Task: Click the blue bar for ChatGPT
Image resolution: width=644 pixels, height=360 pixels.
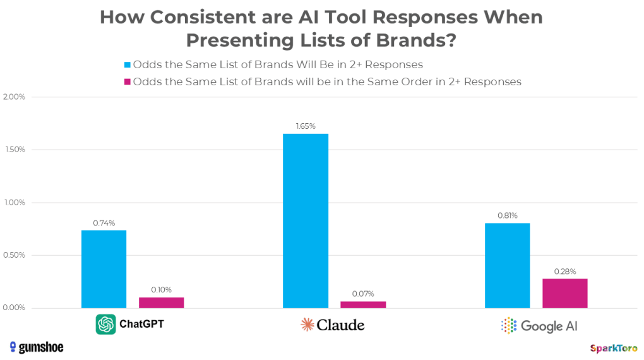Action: pyautogui.click(x=104, y=269)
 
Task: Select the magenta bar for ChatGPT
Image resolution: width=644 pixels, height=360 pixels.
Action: pyautogui.click(x=161, y=303)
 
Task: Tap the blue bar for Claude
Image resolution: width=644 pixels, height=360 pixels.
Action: pyautogui.click(x=306, y=221)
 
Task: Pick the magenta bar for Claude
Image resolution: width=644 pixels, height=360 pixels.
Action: pyautogui.click(x=363, y=304)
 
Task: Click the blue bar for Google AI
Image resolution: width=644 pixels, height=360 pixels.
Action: pyautogui.click(x=507, y=265)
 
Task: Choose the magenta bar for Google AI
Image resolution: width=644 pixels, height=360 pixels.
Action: pyautogui.click(x=564, y=293)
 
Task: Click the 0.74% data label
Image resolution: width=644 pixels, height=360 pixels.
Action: pyautogui.click(x=104, y=223)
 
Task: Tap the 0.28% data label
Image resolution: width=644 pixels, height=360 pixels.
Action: pyautogui.click(x=564, y=272)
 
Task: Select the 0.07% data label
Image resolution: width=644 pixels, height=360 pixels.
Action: pyautogui.click(x=363, y=294)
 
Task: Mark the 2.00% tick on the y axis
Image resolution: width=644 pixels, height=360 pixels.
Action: pyautogui.click(x=15, y=97)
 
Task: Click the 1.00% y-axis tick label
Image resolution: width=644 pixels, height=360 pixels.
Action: pyautogui.click(x=15, y=203)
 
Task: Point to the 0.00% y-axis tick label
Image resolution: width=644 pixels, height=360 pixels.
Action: pyautogui.click(x=15, y=308)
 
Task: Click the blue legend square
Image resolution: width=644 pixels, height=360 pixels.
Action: pyautogui.click(x=127, y=64)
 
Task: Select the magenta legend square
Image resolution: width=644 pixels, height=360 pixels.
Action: pyautogui.click(x=127, y=81)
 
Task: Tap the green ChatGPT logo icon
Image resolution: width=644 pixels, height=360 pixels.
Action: pyautogui.click(x=105, y=325)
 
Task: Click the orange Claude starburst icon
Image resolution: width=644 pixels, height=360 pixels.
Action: pyautogui.click(x=307, y=325)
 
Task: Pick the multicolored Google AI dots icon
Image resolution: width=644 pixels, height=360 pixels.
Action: pyautogui.click(x=508, y=325)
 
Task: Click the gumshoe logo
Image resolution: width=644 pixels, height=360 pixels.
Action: pyautogui.click(x=37, y=347)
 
